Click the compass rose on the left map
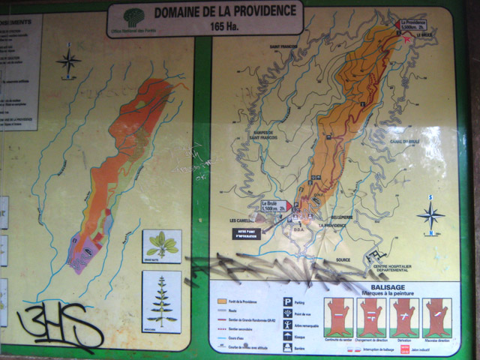[69, 61]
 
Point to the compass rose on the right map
[430, 214]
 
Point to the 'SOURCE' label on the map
[343, 260]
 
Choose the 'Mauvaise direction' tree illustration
[436, 317]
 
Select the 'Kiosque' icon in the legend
[287, 336]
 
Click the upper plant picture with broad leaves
[161, 245]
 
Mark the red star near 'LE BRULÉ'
[407, 39]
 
